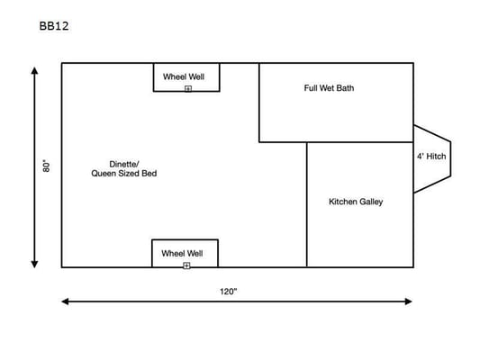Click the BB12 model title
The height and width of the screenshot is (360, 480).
click(54, 26)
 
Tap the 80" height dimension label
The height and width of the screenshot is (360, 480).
click(46, 166)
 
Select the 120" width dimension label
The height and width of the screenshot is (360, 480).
click(229, 292)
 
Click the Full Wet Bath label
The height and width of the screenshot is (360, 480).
click(329, 88)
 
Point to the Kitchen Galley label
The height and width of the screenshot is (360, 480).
click(356, 202)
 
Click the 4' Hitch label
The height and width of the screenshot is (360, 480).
click(431, 157)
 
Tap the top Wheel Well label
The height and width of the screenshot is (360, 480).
click(184, 76)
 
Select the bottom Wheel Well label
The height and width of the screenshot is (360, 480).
click(182, 254)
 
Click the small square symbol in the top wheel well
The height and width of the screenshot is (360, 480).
click(188, 89)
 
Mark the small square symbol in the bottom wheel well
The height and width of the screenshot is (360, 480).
click(186, 265)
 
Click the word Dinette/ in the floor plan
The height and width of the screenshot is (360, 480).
click(124, 164)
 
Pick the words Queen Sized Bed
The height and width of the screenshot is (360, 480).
click(124, 174)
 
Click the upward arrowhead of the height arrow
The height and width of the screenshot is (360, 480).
click(34, 71)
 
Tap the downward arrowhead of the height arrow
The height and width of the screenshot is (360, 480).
click(34, 265)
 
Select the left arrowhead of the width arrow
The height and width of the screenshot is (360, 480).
click(65, 301)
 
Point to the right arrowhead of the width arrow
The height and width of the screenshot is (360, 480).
click(408, 301)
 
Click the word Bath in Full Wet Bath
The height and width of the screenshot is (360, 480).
click(346, 88)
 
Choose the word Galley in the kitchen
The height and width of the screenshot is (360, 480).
click(371, 202)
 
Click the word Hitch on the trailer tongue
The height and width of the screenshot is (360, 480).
click(436, 157)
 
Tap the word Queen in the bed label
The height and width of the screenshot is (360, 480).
click(104, 174)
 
